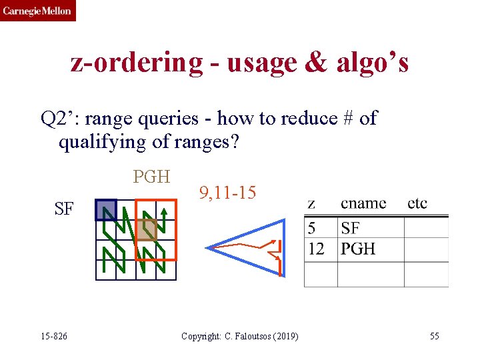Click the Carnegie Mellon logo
37,11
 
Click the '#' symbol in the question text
347,119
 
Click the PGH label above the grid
152,177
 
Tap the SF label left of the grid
64,209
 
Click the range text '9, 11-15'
227,193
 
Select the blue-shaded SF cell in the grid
106,210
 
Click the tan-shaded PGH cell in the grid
147,229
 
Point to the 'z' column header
312,203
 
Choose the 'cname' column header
363,203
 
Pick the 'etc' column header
417,203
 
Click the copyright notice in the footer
240,336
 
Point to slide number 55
434,336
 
